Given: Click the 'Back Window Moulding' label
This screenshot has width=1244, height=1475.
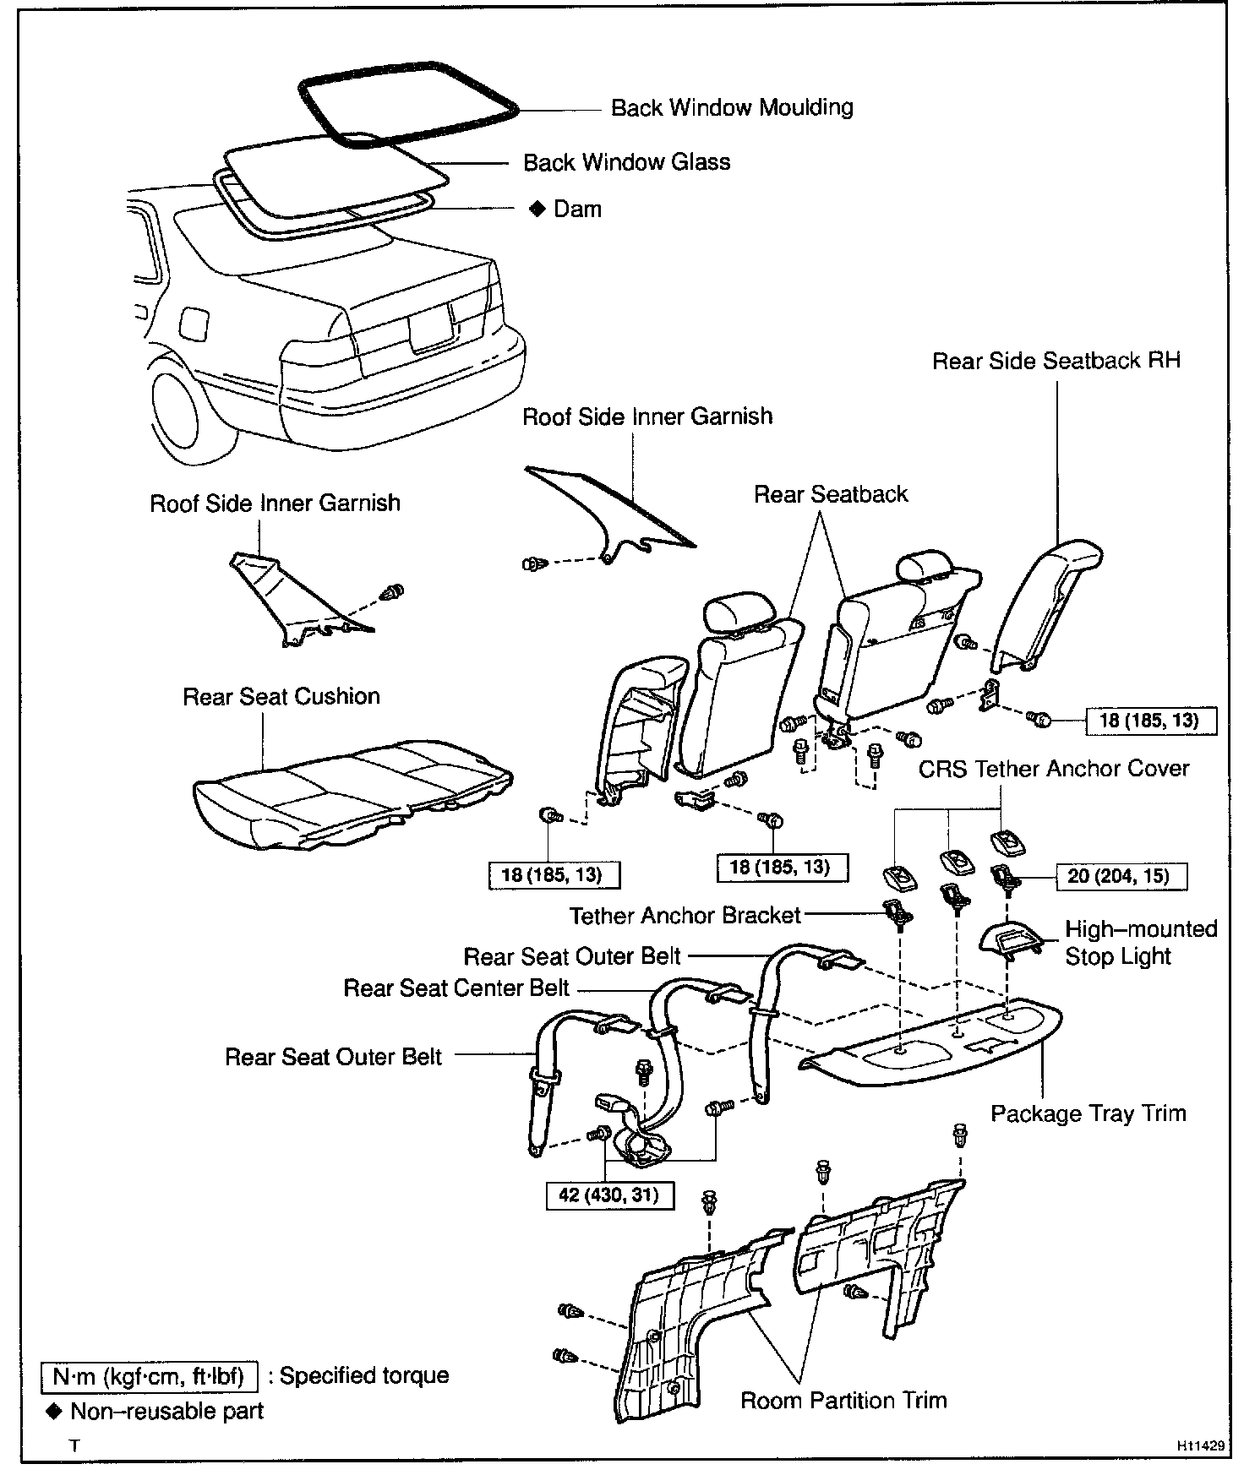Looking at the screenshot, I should tap(732, 108).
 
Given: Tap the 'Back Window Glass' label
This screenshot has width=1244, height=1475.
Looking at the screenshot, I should tap(626, 162).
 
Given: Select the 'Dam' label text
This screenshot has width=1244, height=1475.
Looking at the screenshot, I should tap(577, 209).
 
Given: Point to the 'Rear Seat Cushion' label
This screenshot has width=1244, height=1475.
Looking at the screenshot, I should tap(281, 696).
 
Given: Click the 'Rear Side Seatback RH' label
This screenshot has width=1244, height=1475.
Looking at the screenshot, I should tap(1056, 361).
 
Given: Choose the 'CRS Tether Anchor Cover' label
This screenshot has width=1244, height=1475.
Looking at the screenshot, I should tap(1054, 769).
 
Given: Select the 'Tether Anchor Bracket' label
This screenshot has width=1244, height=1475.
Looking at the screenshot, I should tap(685, 916).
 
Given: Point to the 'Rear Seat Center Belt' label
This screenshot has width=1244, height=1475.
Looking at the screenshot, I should tap(456, 988).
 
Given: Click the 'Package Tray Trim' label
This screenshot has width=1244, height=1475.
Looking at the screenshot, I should tap(1088, 1113).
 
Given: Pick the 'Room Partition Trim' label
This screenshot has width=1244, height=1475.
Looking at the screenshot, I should tap(843, 1400).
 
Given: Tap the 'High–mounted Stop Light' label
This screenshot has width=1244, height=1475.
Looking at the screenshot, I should tap(1140, 943).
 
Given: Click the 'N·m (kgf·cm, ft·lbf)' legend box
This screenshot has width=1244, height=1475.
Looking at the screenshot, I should tap(149, 1376).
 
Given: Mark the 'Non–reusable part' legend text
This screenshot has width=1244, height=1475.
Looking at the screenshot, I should tap(166, 1411).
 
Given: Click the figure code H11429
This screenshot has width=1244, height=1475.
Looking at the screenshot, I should tap(1199, 1445).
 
